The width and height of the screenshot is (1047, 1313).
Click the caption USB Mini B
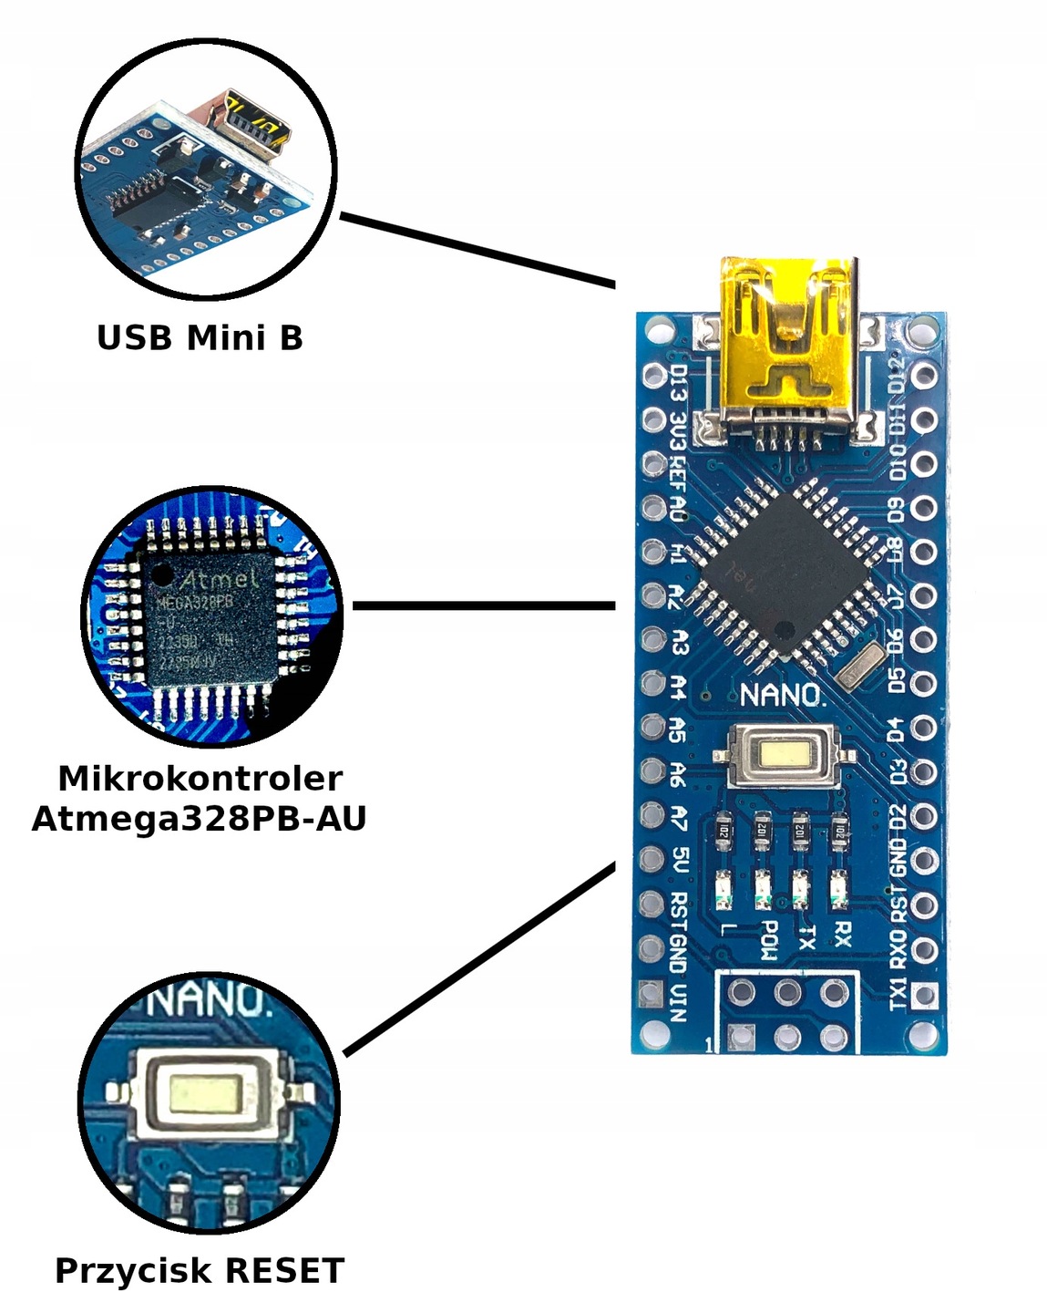click(200, 338)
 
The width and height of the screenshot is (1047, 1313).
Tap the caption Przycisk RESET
click(200, 1270)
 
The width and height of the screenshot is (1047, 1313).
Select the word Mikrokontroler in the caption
click(200, 779)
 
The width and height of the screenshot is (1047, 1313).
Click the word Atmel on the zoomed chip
click(219, 579)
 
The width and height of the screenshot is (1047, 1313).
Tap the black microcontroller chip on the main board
click(783, 570)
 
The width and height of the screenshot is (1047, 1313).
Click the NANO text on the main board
click(782, 696)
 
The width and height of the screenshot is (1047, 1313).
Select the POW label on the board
click(768, 939)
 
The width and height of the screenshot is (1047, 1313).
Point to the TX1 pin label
click(898, 994)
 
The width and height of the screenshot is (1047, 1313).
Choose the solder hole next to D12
click(924, 375)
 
